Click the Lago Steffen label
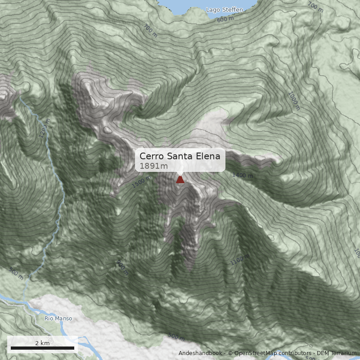click(224, 9)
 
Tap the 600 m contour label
click(225, 19)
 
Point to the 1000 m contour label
click(294, 101)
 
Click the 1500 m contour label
click(141, 182)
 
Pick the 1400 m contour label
click(243, 175)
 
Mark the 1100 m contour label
click(239, 260)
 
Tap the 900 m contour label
click(122, 267)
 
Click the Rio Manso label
click(58, 318)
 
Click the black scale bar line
click(42, 348)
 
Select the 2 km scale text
click(42, 343)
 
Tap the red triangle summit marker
click(180, 180)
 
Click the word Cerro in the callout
click(152, 156)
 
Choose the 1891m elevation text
click(153, 166)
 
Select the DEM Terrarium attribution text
click(336, 353)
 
